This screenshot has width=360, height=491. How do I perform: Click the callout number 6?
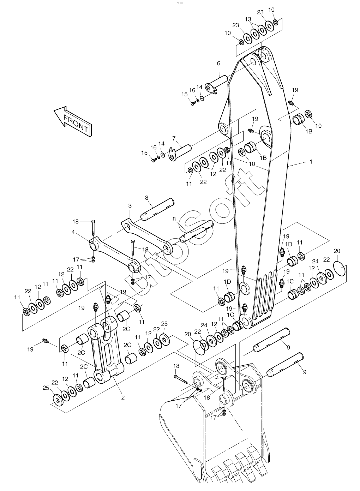coord(218,63)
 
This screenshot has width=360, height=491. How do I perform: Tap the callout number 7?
coord(174,138)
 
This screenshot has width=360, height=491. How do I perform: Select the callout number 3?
coord(130,206)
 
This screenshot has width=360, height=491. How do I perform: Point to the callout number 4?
coord(73,232)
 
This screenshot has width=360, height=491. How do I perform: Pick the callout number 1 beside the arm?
coord(311,162)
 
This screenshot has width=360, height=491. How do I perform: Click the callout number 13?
coord(248,19)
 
